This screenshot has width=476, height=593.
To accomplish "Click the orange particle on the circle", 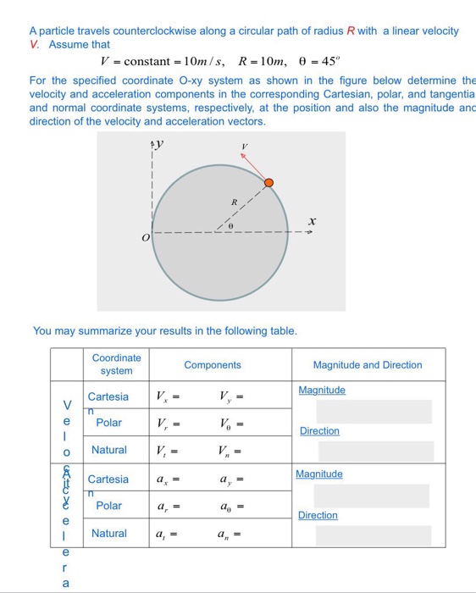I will tap(268, 183).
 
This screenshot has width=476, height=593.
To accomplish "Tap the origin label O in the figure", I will tap(146, 240).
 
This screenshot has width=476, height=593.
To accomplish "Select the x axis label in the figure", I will tap(313, 221).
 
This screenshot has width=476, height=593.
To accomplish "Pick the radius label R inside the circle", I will tap(235, 203).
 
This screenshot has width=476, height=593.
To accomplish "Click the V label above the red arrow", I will tap(244, 146).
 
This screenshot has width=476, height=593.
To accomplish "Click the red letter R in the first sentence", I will tap(351, 31).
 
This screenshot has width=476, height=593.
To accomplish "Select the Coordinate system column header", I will tap(116, 364).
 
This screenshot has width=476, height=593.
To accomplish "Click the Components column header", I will tap(212, 365).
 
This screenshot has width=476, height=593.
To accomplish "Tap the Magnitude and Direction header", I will tap(367, 365).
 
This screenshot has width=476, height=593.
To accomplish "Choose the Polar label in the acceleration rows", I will tap(108, 506).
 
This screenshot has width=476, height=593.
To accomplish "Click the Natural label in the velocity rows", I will tap(108, 450).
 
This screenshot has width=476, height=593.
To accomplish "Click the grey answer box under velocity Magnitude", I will tap(374, 412).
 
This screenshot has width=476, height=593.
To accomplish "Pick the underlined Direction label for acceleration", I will tap(318, 515).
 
